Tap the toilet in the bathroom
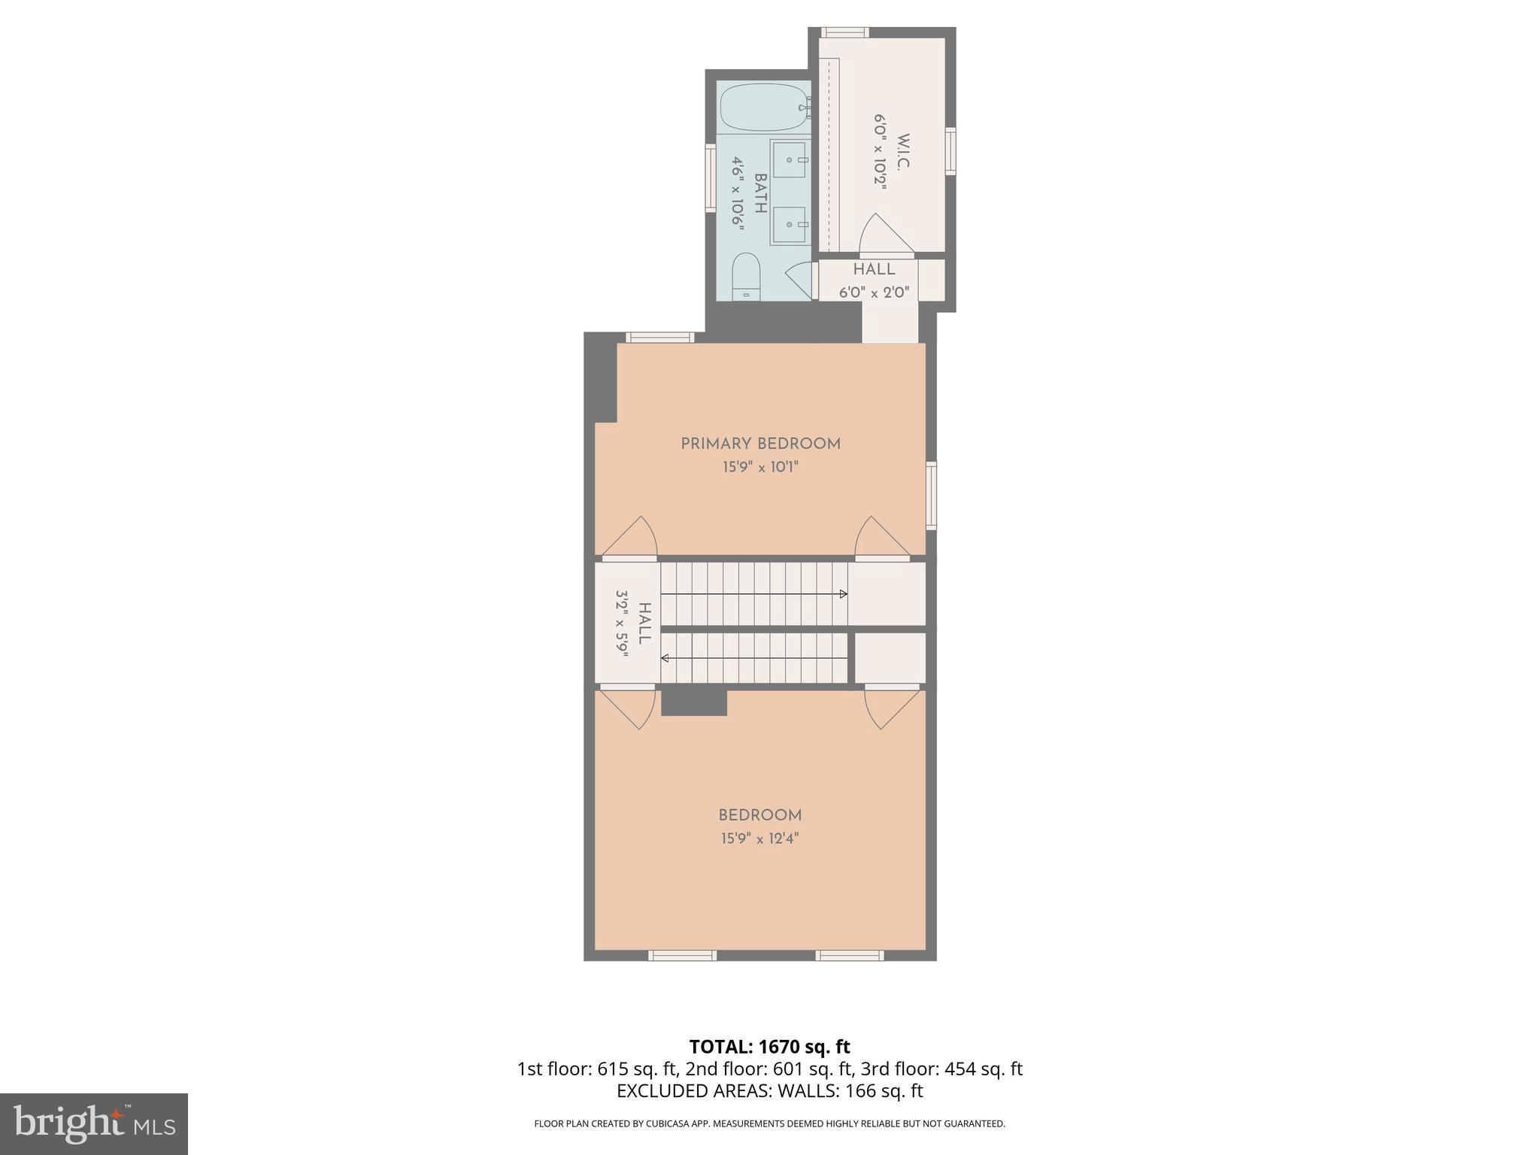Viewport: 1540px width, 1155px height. click(746, 276)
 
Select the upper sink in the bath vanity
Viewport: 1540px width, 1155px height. click(790, 159)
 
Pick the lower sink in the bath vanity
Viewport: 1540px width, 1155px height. click(790, 225)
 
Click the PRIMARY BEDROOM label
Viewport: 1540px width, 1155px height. click(760, 444)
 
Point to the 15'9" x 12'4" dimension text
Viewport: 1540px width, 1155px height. click(759, 838)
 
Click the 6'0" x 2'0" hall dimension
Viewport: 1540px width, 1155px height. click(874, 293)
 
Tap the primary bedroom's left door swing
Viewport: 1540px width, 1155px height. click(632, 538)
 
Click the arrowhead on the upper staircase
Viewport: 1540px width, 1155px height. click(844, 594)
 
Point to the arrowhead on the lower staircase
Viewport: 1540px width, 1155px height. click(665, 658)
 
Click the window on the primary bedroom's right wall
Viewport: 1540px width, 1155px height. click(931, 495)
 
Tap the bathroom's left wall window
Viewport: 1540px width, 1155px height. click(710, 177)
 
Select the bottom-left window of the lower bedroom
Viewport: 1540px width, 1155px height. click(682, 956)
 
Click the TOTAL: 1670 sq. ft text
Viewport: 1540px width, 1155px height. click(769, 1047)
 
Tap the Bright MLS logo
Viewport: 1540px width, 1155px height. click(93, 1124)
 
